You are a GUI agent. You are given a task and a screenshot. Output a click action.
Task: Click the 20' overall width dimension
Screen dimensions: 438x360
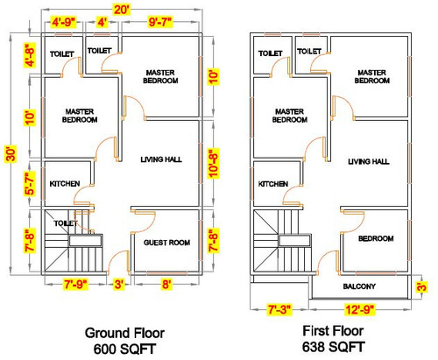pos(122,10)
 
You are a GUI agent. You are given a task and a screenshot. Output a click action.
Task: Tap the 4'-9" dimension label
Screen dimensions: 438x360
pos(64,22)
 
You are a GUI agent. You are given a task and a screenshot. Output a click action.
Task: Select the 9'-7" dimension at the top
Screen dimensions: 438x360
pos(160,22)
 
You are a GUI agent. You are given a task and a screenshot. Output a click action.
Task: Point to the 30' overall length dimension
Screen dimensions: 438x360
pos(11,153)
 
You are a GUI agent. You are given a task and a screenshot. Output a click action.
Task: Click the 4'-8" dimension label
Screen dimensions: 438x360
pos(30,55)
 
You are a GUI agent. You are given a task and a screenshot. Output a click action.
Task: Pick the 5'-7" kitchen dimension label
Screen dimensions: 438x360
pos(30,183)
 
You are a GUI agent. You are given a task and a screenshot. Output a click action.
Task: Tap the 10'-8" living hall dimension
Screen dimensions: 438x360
pos(214,163)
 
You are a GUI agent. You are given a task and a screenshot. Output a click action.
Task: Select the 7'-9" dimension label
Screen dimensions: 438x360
pos(75,284)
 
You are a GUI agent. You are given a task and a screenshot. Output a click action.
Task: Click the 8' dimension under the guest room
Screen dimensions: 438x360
pos(166,284)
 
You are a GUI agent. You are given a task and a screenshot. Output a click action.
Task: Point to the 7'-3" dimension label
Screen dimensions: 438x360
pos(279,309)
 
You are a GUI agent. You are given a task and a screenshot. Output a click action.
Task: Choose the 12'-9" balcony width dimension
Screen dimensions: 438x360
pos(359,309)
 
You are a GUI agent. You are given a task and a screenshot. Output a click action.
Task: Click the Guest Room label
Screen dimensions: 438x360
pos(166,243)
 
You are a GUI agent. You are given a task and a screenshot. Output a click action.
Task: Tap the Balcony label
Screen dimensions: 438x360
pos(359,286)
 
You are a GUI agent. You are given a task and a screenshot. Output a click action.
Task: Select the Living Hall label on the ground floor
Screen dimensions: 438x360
pos(161,159)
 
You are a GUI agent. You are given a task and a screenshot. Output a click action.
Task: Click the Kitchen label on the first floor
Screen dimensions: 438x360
pos(273,184)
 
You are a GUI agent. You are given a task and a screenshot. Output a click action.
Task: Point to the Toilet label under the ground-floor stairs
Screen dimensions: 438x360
pos(66,223)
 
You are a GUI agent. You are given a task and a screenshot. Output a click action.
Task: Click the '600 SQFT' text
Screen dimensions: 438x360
pos(124,349)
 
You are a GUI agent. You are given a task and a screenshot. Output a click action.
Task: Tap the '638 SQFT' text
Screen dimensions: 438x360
pos(333,347)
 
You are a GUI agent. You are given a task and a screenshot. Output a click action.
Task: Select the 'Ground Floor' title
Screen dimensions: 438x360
pos(124,333)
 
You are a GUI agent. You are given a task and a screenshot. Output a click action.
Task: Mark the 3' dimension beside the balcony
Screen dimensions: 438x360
pos(422,286)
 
